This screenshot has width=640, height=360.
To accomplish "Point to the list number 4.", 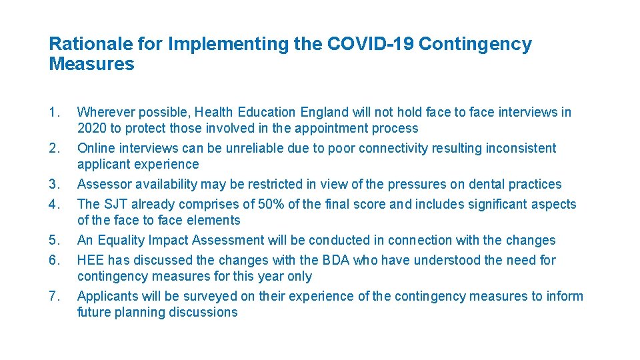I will [x=54, y=205].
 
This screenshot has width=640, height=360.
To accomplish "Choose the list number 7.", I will [x=54, y=297].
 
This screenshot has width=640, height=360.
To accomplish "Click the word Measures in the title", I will [x=91, y=65].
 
